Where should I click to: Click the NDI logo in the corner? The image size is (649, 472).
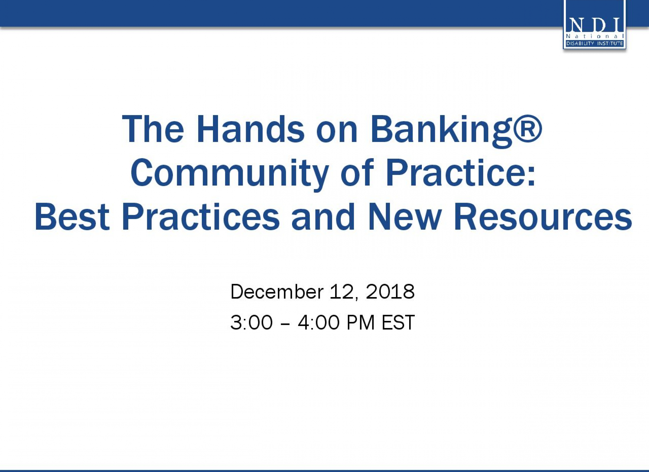pos(594,24)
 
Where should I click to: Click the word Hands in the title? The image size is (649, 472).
pos(250,129)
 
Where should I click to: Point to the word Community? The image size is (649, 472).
pos(230,174)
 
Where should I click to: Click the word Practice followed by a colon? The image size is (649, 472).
pos(460,173)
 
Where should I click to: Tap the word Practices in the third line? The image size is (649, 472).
pos(201,217)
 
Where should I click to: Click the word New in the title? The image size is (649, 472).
pos(404,217)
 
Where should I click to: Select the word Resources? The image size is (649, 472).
pos(543,217)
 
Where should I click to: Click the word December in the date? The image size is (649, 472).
pos(277,292)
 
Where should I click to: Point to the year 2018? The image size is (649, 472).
pos(390,292)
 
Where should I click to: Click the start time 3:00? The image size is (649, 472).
pos(251,322)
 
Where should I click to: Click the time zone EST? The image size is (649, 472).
pos(398,322)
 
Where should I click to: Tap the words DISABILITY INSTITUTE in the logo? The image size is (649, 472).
pos(594,44)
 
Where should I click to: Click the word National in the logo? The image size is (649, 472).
pos(594,36)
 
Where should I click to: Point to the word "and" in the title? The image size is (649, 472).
pos(323,217)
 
